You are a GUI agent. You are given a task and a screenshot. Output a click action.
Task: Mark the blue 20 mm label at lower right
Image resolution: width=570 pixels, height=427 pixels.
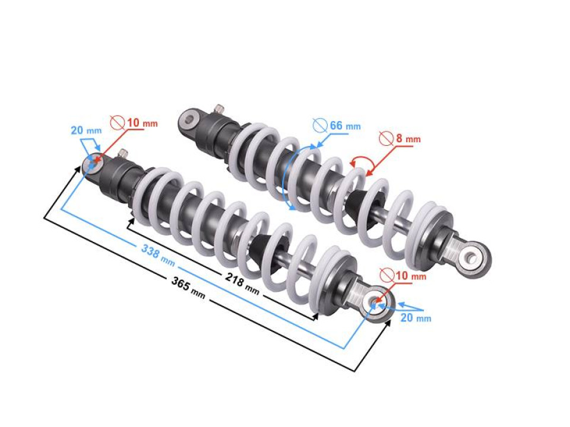[415, 318]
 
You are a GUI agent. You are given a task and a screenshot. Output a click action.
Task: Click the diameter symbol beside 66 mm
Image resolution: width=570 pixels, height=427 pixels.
[320, 126]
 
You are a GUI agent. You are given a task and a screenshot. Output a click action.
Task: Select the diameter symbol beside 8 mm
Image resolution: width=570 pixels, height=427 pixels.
[387, 139]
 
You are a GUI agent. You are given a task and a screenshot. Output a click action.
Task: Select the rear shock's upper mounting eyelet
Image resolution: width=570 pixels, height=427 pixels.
[189, 121]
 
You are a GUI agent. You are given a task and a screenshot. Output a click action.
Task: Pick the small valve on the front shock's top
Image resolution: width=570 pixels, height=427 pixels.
[123, 154]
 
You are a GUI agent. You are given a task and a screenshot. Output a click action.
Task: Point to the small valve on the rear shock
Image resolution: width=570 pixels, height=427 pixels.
[219, 109]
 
